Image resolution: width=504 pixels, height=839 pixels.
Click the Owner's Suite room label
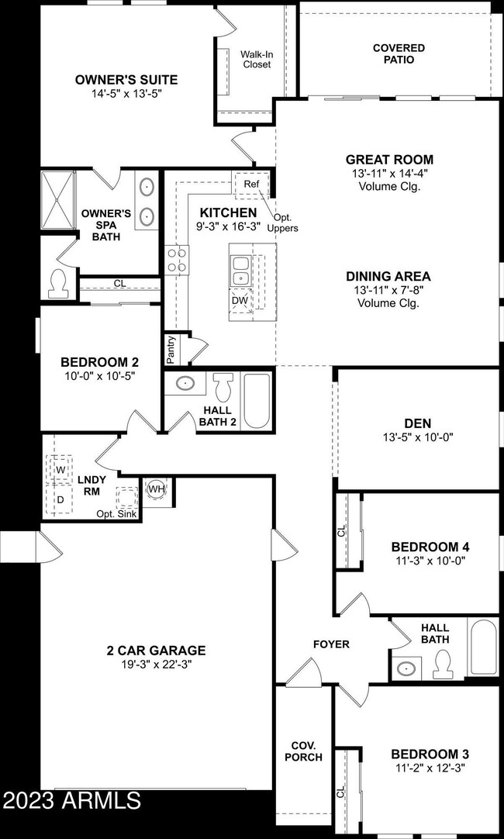pos(126,79)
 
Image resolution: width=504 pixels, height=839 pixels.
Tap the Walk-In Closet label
pos(255,59)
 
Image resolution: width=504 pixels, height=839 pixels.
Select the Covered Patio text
pos(399,54)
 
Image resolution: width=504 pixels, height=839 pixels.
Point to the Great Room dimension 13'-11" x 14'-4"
pos(389,173)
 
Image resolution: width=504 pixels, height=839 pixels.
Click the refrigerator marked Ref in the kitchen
pos(251,185)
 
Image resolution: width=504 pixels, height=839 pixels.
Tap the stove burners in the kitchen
pos(177,259)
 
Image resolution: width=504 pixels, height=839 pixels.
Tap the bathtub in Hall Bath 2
pos(255,401)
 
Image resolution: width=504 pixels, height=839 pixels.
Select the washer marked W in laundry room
pos(59,468)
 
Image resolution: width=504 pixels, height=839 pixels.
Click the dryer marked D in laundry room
pos(59,500)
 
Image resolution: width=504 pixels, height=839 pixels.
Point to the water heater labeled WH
pos(156,489)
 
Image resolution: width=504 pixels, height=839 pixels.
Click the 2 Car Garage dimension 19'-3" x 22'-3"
pos(157,665)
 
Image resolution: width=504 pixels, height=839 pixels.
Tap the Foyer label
pos(331,644)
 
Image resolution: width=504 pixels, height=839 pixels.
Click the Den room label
pos(418,423)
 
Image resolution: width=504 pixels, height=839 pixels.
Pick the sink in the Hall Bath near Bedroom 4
pos(405,667)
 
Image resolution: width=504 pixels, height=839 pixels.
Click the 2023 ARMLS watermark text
pos(71,799)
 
